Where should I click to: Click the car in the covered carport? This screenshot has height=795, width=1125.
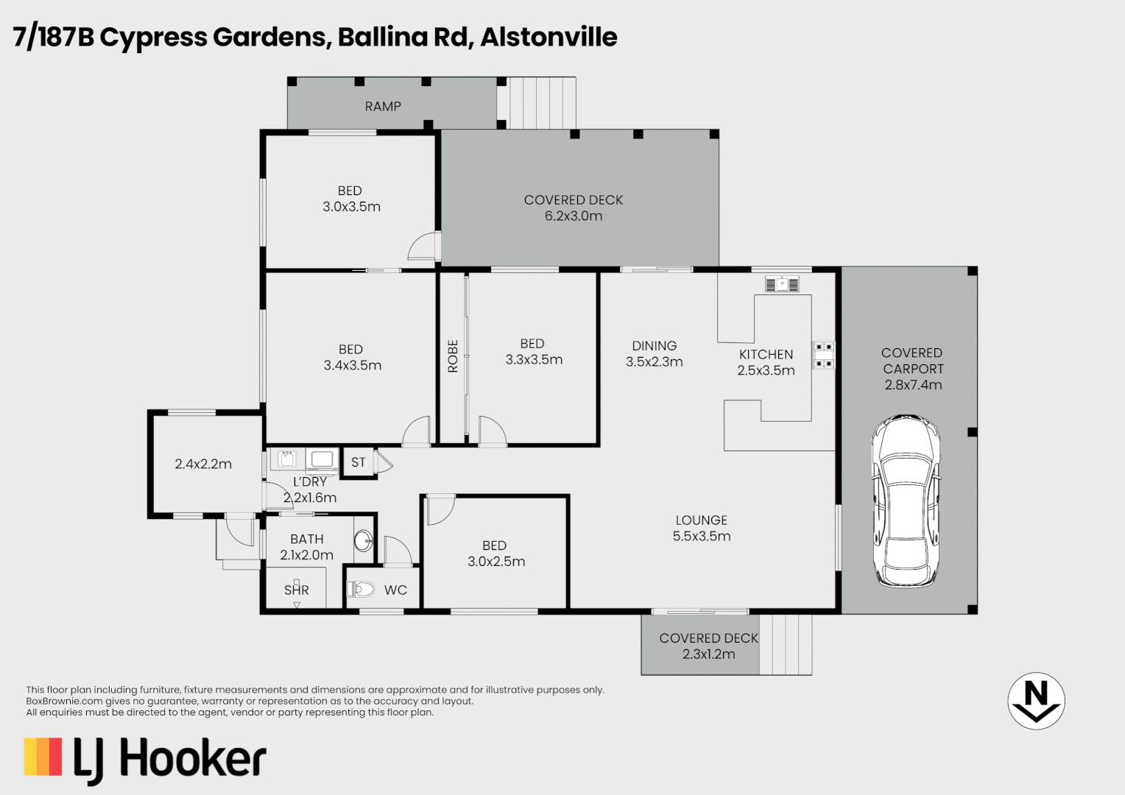tap(906, 501)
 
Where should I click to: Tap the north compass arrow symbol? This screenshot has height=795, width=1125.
tap(1036, 701)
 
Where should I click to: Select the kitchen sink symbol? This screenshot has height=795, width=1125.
tap(781, 284)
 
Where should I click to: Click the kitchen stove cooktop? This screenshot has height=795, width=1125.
tap(823, 354)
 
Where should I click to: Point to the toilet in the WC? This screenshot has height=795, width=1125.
tap(361, 589)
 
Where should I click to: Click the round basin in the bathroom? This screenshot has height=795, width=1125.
tap(363, 542)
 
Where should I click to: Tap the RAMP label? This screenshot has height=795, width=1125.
tap(383, 107)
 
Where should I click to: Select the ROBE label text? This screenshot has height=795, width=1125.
tap(453, 356)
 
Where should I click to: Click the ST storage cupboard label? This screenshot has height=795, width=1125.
tap(359, 463)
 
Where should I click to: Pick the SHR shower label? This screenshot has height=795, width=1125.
tap(297, 590)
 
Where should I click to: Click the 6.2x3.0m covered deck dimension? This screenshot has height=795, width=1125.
tap(574, 216)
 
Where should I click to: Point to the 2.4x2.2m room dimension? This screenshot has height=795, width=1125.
tap(203, 464)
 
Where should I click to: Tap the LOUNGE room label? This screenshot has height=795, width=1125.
tap(701, 520)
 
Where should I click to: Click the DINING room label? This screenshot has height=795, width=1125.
tap(654, 346)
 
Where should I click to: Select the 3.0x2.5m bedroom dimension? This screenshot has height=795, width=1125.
tap(496, 562)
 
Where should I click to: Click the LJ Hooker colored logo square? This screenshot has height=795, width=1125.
tap(43, 757)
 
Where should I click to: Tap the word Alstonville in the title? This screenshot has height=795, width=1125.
tap(549, 37)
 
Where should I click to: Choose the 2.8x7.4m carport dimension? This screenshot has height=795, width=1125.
tap(913, 385)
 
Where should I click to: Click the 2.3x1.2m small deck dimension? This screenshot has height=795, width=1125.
tap(708, 654)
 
